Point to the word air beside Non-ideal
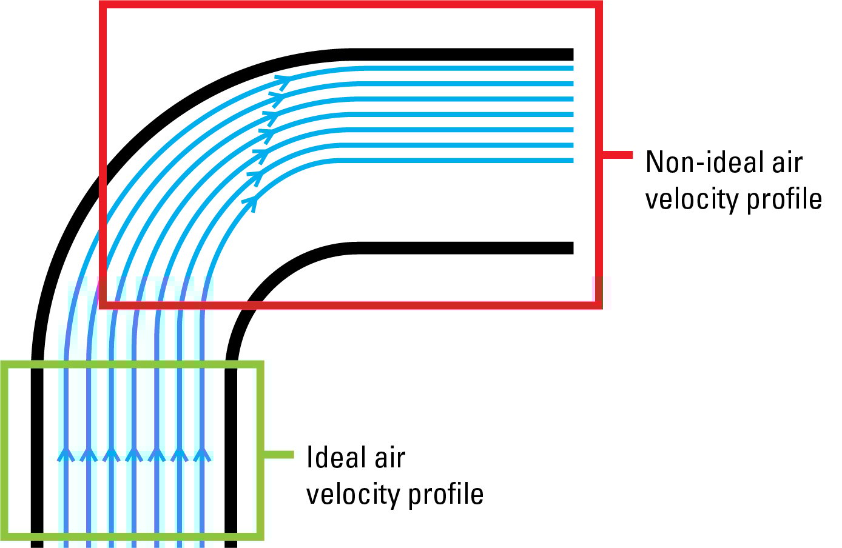click(x=787, y=162)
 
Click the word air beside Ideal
click(x=389, y=458)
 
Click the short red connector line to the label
click(x=618, y=155)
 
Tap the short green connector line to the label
click(x=278, y=455)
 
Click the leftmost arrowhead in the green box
click(x=66, y=455)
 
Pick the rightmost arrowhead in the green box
click(x=202, y=455)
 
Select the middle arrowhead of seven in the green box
click(x=134, y=455)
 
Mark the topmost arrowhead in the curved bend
click(x=283, y=80)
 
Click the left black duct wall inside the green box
click(x=37, y=449)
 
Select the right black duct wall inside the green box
click(x=231, y=449)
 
